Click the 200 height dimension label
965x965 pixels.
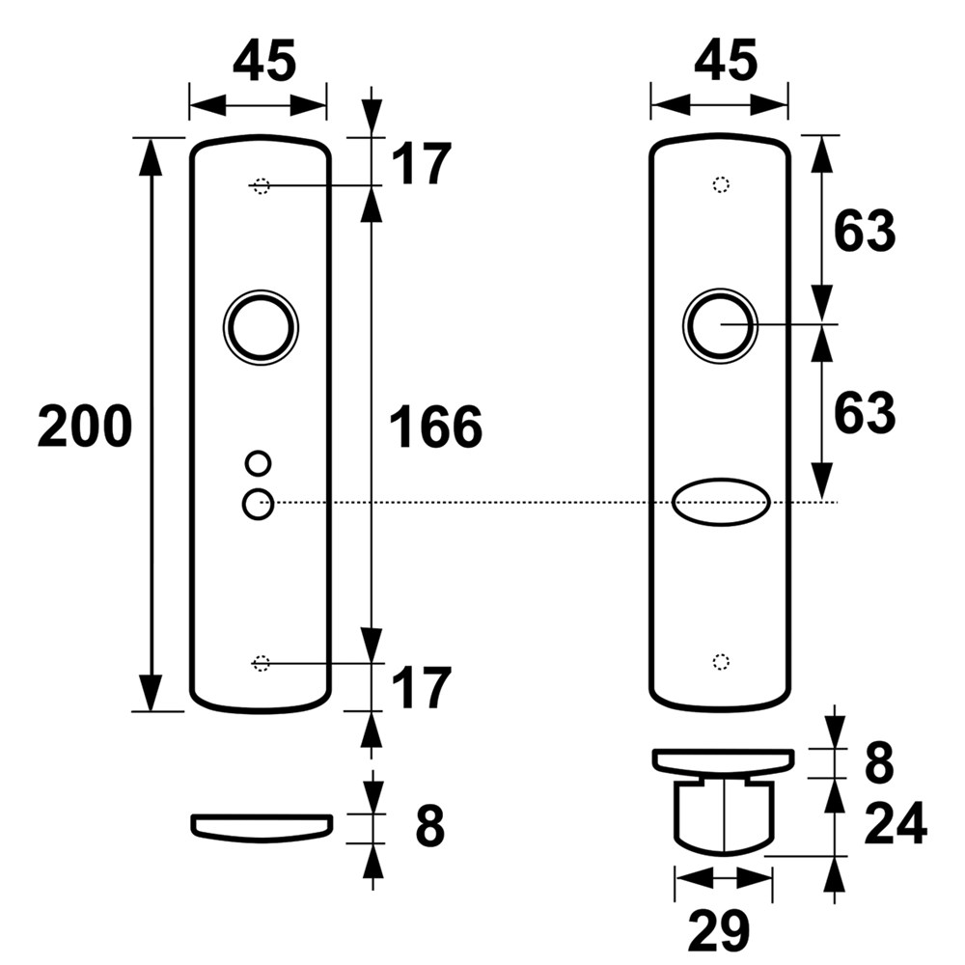click(85, 427)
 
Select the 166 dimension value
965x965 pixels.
click(436, 427)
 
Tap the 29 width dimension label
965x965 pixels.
click(718, 930)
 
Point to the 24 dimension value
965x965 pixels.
click(896, 823)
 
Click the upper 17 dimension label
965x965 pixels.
click(421, 163)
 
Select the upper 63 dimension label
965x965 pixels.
click(864, 231)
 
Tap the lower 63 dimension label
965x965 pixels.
click(864, 412)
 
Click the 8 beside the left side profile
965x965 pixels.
click(429, 827)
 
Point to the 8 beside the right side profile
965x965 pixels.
click(879, 763)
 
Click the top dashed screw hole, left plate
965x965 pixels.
click(261, 185)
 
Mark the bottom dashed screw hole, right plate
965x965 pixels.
click(721, 662)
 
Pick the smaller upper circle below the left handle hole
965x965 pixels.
click(258, 463)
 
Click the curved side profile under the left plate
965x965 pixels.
click(262, 827)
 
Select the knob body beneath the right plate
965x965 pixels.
click(724, 816)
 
